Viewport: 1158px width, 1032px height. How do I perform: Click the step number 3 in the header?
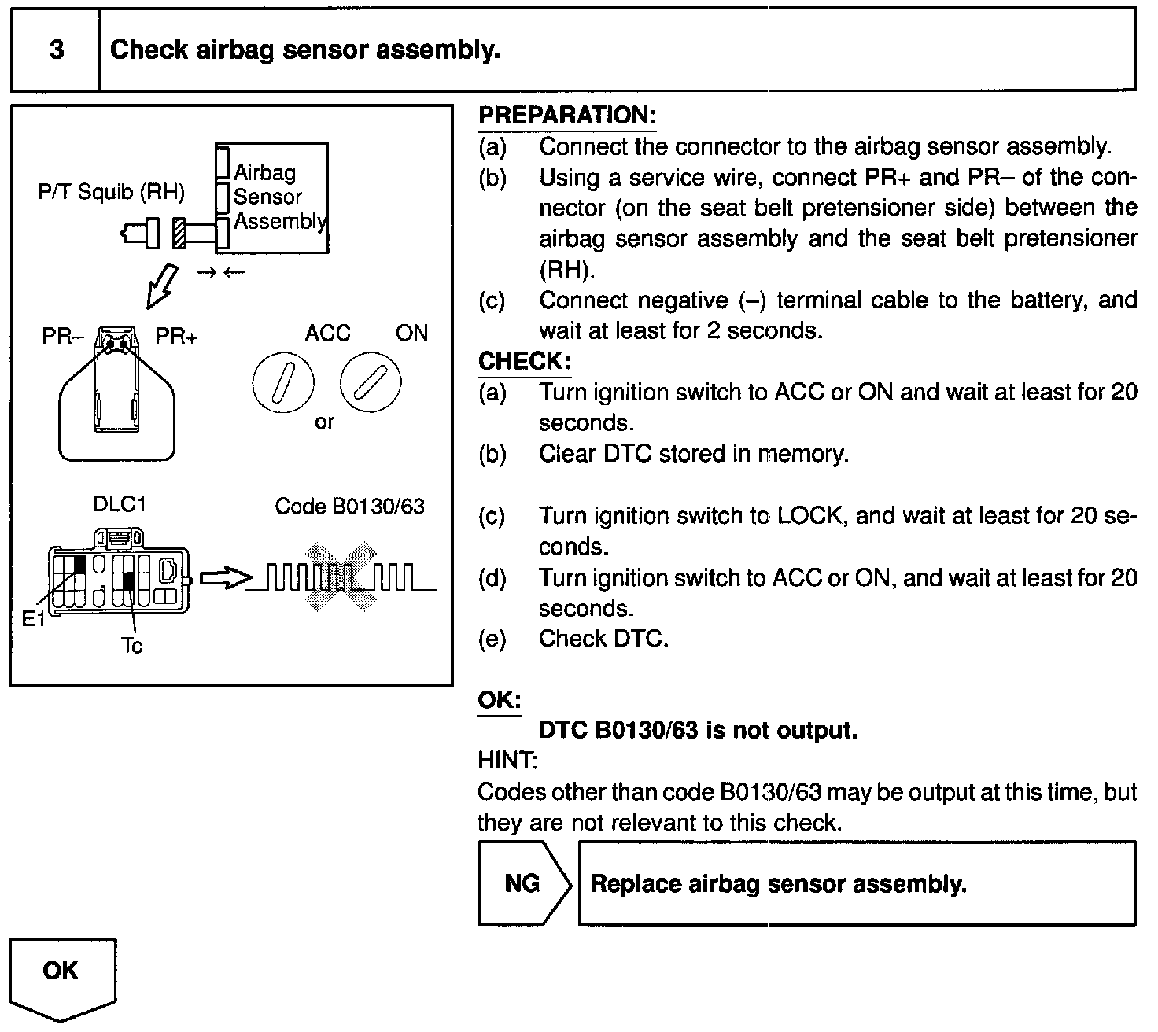[x=57, y=50]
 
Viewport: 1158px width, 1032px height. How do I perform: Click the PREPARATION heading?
[x=566, y=116]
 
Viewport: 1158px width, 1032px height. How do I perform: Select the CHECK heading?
[x=524, y=362]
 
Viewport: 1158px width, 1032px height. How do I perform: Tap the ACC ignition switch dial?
[x=283, y=383]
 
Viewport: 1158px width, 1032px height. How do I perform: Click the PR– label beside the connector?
[x=62, y=337]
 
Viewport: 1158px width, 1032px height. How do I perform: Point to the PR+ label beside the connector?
[x=176, y=337]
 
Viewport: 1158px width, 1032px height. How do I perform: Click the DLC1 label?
[x=120, y=504]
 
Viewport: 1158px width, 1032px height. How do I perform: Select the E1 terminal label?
[x=34, y=620]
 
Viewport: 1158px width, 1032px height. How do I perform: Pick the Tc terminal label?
[x=132, y=646]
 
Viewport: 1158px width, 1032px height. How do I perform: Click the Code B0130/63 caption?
[x=349, y=506]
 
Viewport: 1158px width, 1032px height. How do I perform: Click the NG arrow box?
[x=523, y=883]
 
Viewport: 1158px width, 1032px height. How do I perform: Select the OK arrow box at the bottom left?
[x=61, y=975]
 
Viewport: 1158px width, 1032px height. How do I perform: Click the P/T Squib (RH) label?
[x=111, y=192]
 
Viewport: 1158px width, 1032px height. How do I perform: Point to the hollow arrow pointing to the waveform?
[x=225, y=580]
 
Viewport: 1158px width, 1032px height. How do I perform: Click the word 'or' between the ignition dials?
[x=324, y=422]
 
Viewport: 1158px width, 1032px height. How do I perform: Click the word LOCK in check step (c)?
[x=810, y=516]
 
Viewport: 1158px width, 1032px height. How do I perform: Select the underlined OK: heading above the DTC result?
[x=499, y=700]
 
